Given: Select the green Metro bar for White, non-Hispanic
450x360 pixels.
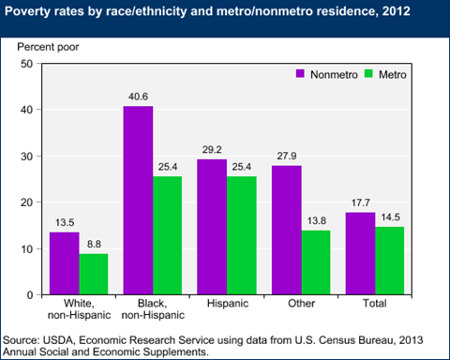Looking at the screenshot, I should [93, 274].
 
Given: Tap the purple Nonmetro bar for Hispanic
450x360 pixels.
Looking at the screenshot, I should [212, 226].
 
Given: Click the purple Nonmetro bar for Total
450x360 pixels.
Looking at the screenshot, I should [361, 253].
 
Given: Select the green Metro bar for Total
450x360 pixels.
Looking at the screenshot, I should [390, 261].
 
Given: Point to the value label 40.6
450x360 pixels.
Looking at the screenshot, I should [138, 97].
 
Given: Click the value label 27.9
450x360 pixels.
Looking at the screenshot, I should [287, 156].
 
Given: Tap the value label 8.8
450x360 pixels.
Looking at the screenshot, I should [94, 244].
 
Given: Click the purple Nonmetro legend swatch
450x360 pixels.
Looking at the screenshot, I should [302, 72].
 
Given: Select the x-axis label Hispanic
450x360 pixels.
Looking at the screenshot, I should [227, 306].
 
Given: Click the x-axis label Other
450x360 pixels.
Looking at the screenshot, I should [301, 306].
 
